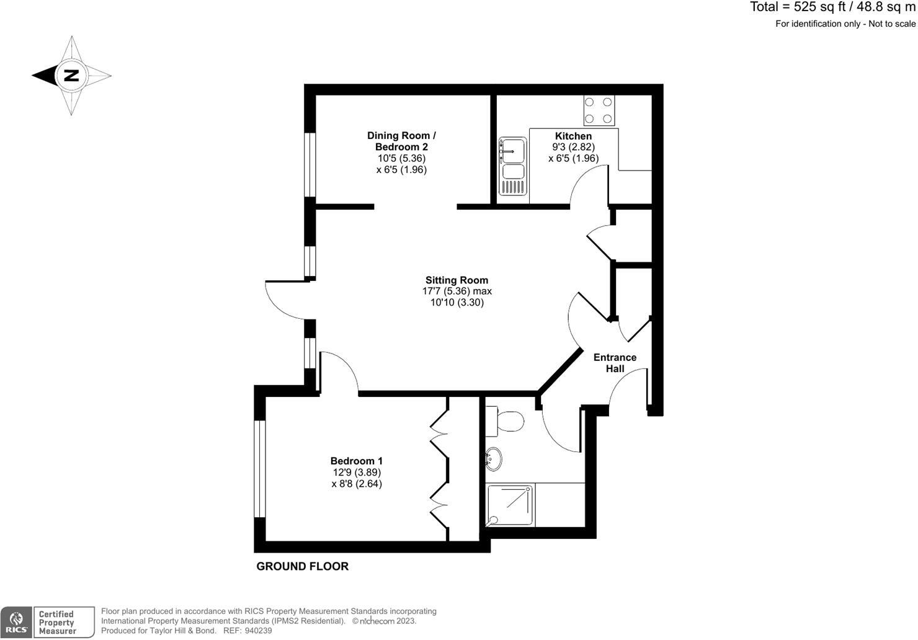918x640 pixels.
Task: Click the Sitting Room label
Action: pyautogui.click(x=457, y=280)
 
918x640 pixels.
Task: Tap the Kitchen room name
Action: pyautogui.click(x=573, y=136)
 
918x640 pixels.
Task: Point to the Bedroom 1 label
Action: pyautogui.click(x=356, y=461)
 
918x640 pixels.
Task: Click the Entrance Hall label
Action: pyautogui.click(x=615, y=363)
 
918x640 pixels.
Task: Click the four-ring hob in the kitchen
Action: pyautogui.click(x=599, y=110)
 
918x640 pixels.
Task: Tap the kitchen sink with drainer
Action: pyautogui.click(x=513, y=167)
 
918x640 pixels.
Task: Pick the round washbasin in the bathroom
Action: pyautogui.click(x=494, y=459)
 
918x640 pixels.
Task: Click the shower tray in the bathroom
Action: pyautogui.click(x=510, y=505)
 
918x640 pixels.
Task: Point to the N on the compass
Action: pyautogui.click(x=71, y=76)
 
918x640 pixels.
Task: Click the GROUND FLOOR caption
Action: pyautogui.click(x=303, y=566)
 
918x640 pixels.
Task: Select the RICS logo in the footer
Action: pyautogui.click(x=16, y=622)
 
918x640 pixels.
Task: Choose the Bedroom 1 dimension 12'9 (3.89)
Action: pyautogui.click(x=356, y=472)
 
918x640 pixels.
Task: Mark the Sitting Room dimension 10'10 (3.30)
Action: pyautogui.click(x=457, y=303)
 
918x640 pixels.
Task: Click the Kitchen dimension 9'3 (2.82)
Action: pyautogui.click(x=573, y=147)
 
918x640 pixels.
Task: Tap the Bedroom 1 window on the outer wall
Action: pyautogui.click(x=260, y=469)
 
